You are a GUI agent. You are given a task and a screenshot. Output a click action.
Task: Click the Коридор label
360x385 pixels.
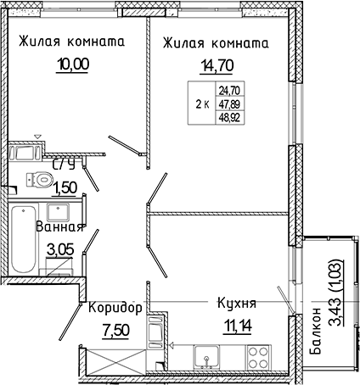click(x=115, y=306)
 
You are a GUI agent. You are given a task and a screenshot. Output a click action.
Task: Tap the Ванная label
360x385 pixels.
click(x=59, y=226)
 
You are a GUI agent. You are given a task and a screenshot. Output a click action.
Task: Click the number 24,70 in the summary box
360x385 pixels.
click(x=230, y=88)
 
